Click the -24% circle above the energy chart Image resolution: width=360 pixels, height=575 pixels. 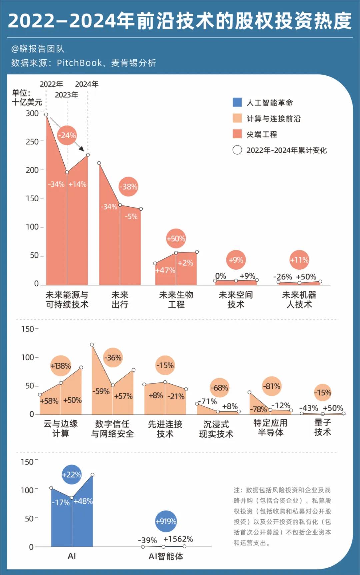click(x=67, y=135)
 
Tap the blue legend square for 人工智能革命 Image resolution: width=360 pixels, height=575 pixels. click(x=237, y=102)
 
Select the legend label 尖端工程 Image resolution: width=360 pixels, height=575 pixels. click(x=262, y=134)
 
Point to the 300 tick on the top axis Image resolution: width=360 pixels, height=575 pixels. click(x=32, y=113)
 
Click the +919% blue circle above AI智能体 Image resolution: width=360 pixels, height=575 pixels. click(x=166, y=521)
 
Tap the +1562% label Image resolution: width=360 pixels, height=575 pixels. click(x=178, y=539)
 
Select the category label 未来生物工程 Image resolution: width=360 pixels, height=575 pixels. click(x=176, y=299)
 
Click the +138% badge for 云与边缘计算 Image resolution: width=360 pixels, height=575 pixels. click(x=61, y=366)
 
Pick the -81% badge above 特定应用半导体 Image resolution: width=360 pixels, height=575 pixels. click(x=272, y=386)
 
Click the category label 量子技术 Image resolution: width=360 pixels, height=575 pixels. click(x=322, y=428)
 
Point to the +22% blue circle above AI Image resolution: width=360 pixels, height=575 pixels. click(x=71, y=474)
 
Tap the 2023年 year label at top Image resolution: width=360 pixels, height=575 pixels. click(x=67, y=95)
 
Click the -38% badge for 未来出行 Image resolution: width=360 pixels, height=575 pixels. click(x=128, y=187)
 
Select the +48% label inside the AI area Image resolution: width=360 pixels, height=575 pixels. click(x=83, y=501)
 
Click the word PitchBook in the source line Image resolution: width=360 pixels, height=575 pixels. click(x=79, y=63)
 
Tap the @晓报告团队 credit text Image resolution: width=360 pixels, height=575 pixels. click(x=38, y=49)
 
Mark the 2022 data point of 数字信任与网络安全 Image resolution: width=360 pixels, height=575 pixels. click(x=92, y=345)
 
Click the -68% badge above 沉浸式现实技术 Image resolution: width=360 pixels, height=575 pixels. click(x=220, y=388)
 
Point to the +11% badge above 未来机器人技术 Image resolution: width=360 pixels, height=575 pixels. click(x=299, y=260)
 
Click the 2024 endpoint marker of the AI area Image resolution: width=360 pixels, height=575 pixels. click(x=93, y=475)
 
